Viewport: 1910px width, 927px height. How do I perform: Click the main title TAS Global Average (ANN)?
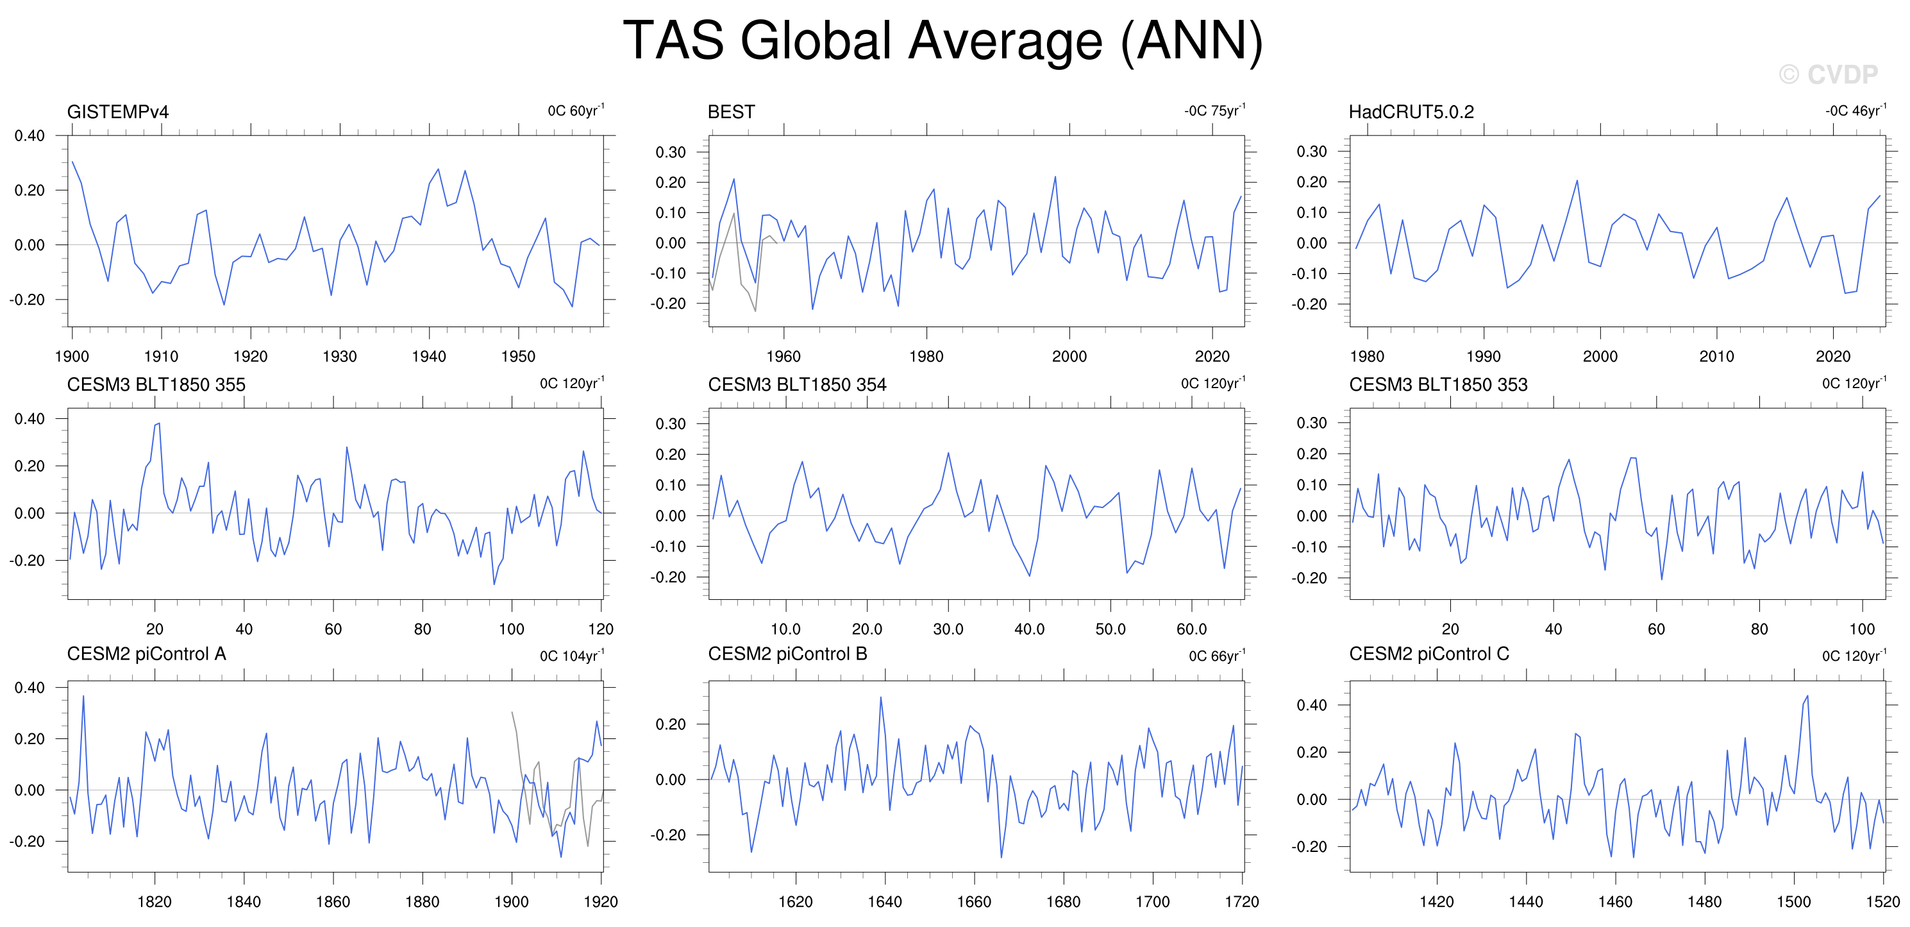[x=942, y=42]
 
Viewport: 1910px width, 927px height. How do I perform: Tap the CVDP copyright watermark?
[x=1828, y=74]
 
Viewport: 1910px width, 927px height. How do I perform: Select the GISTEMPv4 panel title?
[x=118, y=112]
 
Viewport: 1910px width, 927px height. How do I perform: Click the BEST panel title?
[x=731, y=112]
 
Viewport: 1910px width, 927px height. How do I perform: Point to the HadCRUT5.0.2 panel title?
[x=1411, y=112]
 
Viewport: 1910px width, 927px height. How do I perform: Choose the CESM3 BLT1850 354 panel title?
[x=797, y=384]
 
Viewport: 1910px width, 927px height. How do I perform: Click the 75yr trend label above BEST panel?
[x=1215, y=110]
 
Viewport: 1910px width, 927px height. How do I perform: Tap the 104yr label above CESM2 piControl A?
[x=572, y=656]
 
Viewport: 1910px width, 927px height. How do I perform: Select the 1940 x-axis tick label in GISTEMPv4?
[x=428, y=357]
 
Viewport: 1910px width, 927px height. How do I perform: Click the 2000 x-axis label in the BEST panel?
[x=1069, y=357]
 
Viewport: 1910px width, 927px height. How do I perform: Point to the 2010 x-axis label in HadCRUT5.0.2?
[x=1716, y=357]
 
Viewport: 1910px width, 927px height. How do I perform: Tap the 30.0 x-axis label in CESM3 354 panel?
[x=948, y=629]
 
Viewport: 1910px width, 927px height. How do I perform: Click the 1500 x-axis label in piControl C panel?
[x=1793, y=902]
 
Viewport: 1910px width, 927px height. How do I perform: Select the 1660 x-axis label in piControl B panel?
[x=973, y=902]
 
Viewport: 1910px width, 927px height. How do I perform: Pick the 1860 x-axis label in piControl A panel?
[x=333, y=902]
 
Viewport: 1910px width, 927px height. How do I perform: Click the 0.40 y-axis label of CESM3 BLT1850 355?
[x=29, y=419]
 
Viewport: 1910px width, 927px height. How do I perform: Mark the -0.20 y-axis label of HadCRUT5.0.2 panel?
[x=1309, y=304]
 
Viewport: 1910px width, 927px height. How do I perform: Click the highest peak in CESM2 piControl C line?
[x=1807, y=695]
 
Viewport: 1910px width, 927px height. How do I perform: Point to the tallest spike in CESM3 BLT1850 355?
[x=158, y=423]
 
